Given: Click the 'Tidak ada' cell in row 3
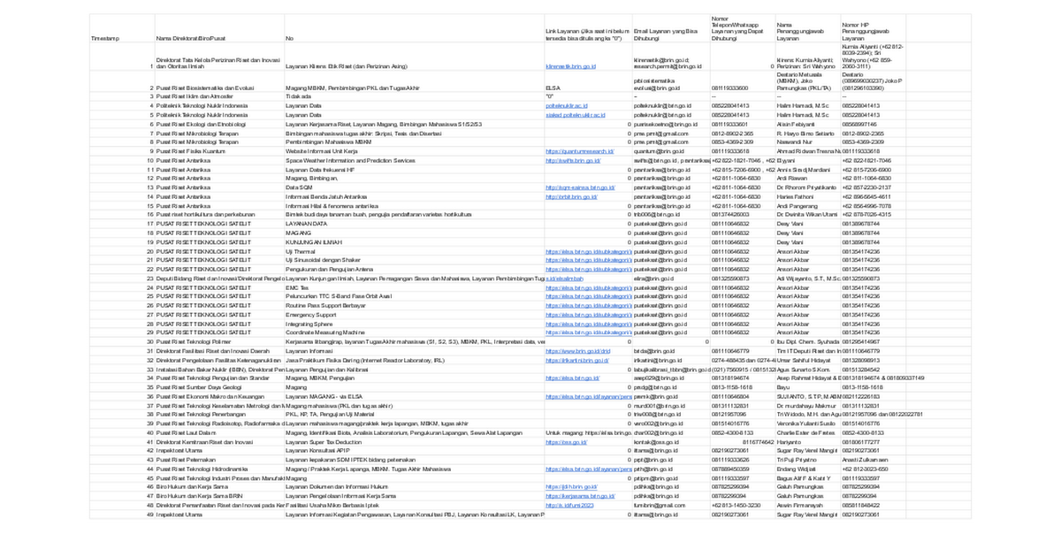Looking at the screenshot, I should point(299,96).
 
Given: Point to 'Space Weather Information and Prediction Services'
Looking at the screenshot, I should point(350,161).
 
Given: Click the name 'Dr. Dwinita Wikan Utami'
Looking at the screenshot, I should point(805,215).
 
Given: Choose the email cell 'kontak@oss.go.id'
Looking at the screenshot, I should point(653,442).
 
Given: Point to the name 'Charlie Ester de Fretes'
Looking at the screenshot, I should point(805,433).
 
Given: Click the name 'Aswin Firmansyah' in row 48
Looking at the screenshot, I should point(801,505).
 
